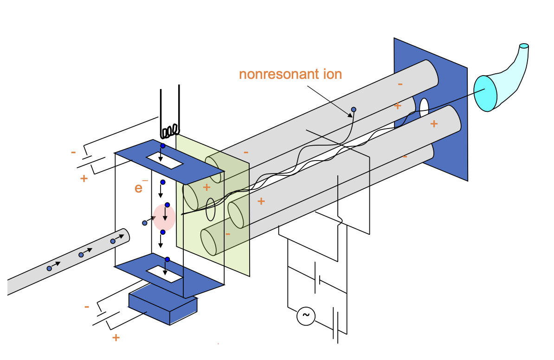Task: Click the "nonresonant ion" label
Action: point(290,74)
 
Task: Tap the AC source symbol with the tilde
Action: point(306,316)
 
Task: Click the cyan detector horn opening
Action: point(485,93)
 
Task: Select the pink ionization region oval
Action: point(164,217)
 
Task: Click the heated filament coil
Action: point(170,131)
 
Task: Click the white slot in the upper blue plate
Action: point(164,161)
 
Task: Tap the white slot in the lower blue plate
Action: point(164,274)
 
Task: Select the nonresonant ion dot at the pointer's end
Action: point(354,109)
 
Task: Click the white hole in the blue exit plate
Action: point(424,108)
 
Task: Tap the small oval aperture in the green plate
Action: point(210,209)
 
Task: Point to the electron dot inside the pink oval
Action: point(167,205)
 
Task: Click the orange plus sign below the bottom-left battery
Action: point(116,337)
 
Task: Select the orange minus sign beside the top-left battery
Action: point(73,152)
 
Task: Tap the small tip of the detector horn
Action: point(524,46)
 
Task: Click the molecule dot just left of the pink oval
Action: point(145,223)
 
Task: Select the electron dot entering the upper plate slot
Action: point(163,146)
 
